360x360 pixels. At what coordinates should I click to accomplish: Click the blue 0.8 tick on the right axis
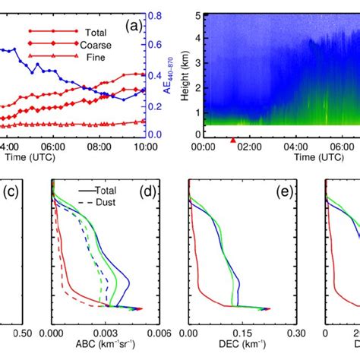153,15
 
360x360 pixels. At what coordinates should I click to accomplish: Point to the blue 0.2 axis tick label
153,106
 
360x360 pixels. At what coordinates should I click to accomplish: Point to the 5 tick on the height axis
196,15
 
